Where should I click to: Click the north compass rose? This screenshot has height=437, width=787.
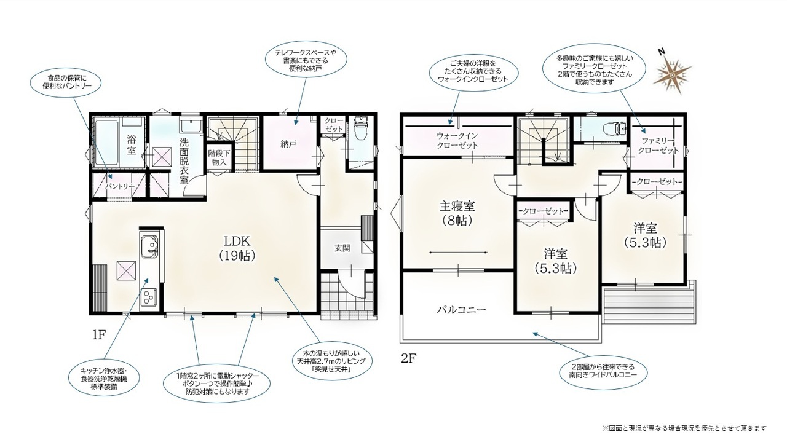(x=671, y=76)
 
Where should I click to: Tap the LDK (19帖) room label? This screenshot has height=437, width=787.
(x=237, y=248)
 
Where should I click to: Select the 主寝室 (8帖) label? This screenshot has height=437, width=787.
(x=457, y=213)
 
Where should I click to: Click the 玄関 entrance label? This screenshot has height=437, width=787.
(x=342, y=248)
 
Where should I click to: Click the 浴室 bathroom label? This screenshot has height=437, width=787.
(x=132, y=145)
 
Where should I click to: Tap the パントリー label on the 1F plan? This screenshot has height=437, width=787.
(x=120, y=186)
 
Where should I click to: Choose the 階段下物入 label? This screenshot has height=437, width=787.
(x=219, y=158)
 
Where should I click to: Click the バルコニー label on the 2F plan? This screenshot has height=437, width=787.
(x=461, y=310)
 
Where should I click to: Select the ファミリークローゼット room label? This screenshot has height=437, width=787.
(x=658, y=146)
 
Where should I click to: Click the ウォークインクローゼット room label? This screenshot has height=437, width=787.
(x=457, y=140)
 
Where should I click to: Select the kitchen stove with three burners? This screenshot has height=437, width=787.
(x=150, y=296)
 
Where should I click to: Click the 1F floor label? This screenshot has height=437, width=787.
(x=100, y=336)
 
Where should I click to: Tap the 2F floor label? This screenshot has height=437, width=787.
(x=409, y=359)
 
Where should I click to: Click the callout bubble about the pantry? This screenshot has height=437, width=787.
(x=66, y=82)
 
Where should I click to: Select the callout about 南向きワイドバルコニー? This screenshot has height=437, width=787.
(x=603, y=371)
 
